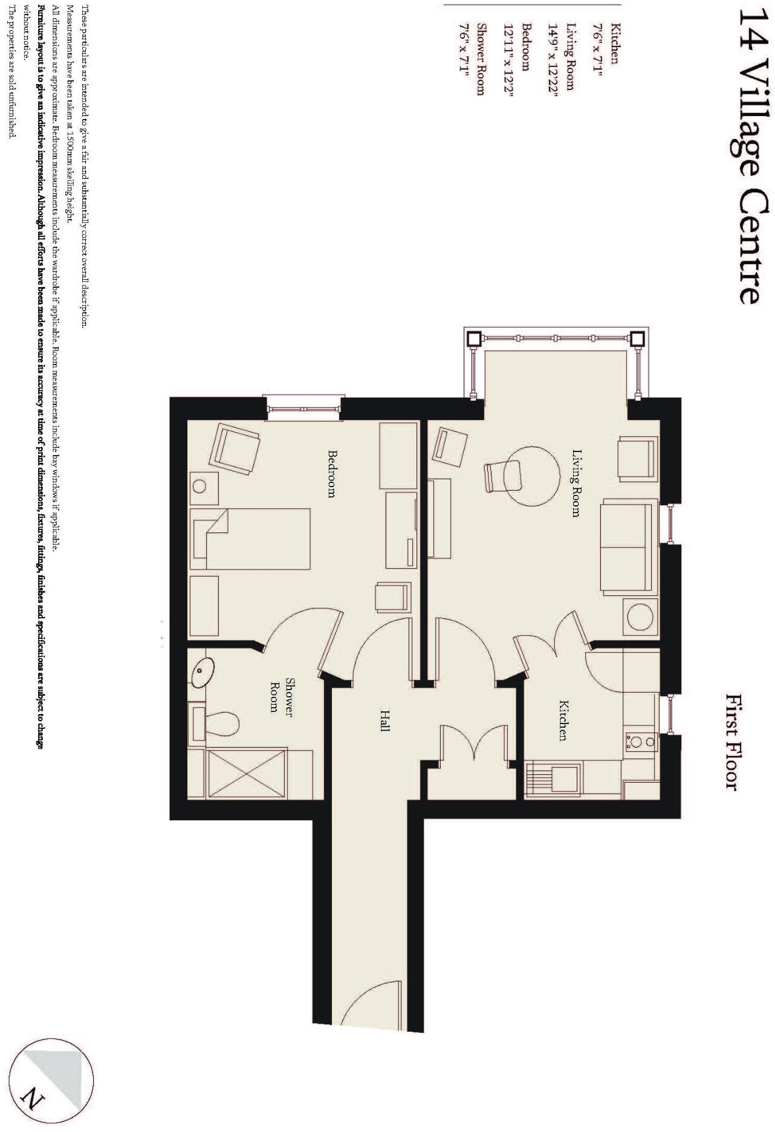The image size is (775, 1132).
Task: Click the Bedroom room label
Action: tap(331, 473)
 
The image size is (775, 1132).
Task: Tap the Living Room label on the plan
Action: tap(576, 483)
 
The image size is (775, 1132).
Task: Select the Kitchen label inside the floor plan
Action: tap(563, 720)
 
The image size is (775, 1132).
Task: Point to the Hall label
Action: tap(384, 720)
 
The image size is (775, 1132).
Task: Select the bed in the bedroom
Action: tap(250, 539)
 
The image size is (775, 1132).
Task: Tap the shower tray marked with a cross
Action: tap(247, 774)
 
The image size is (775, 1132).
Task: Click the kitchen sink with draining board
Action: tap(554, 779)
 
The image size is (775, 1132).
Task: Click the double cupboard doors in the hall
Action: tap(473, 745)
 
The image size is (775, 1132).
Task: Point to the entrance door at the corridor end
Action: tap(370, 1004)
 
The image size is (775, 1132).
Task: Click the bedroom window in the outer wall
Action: tap(303, 408)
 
